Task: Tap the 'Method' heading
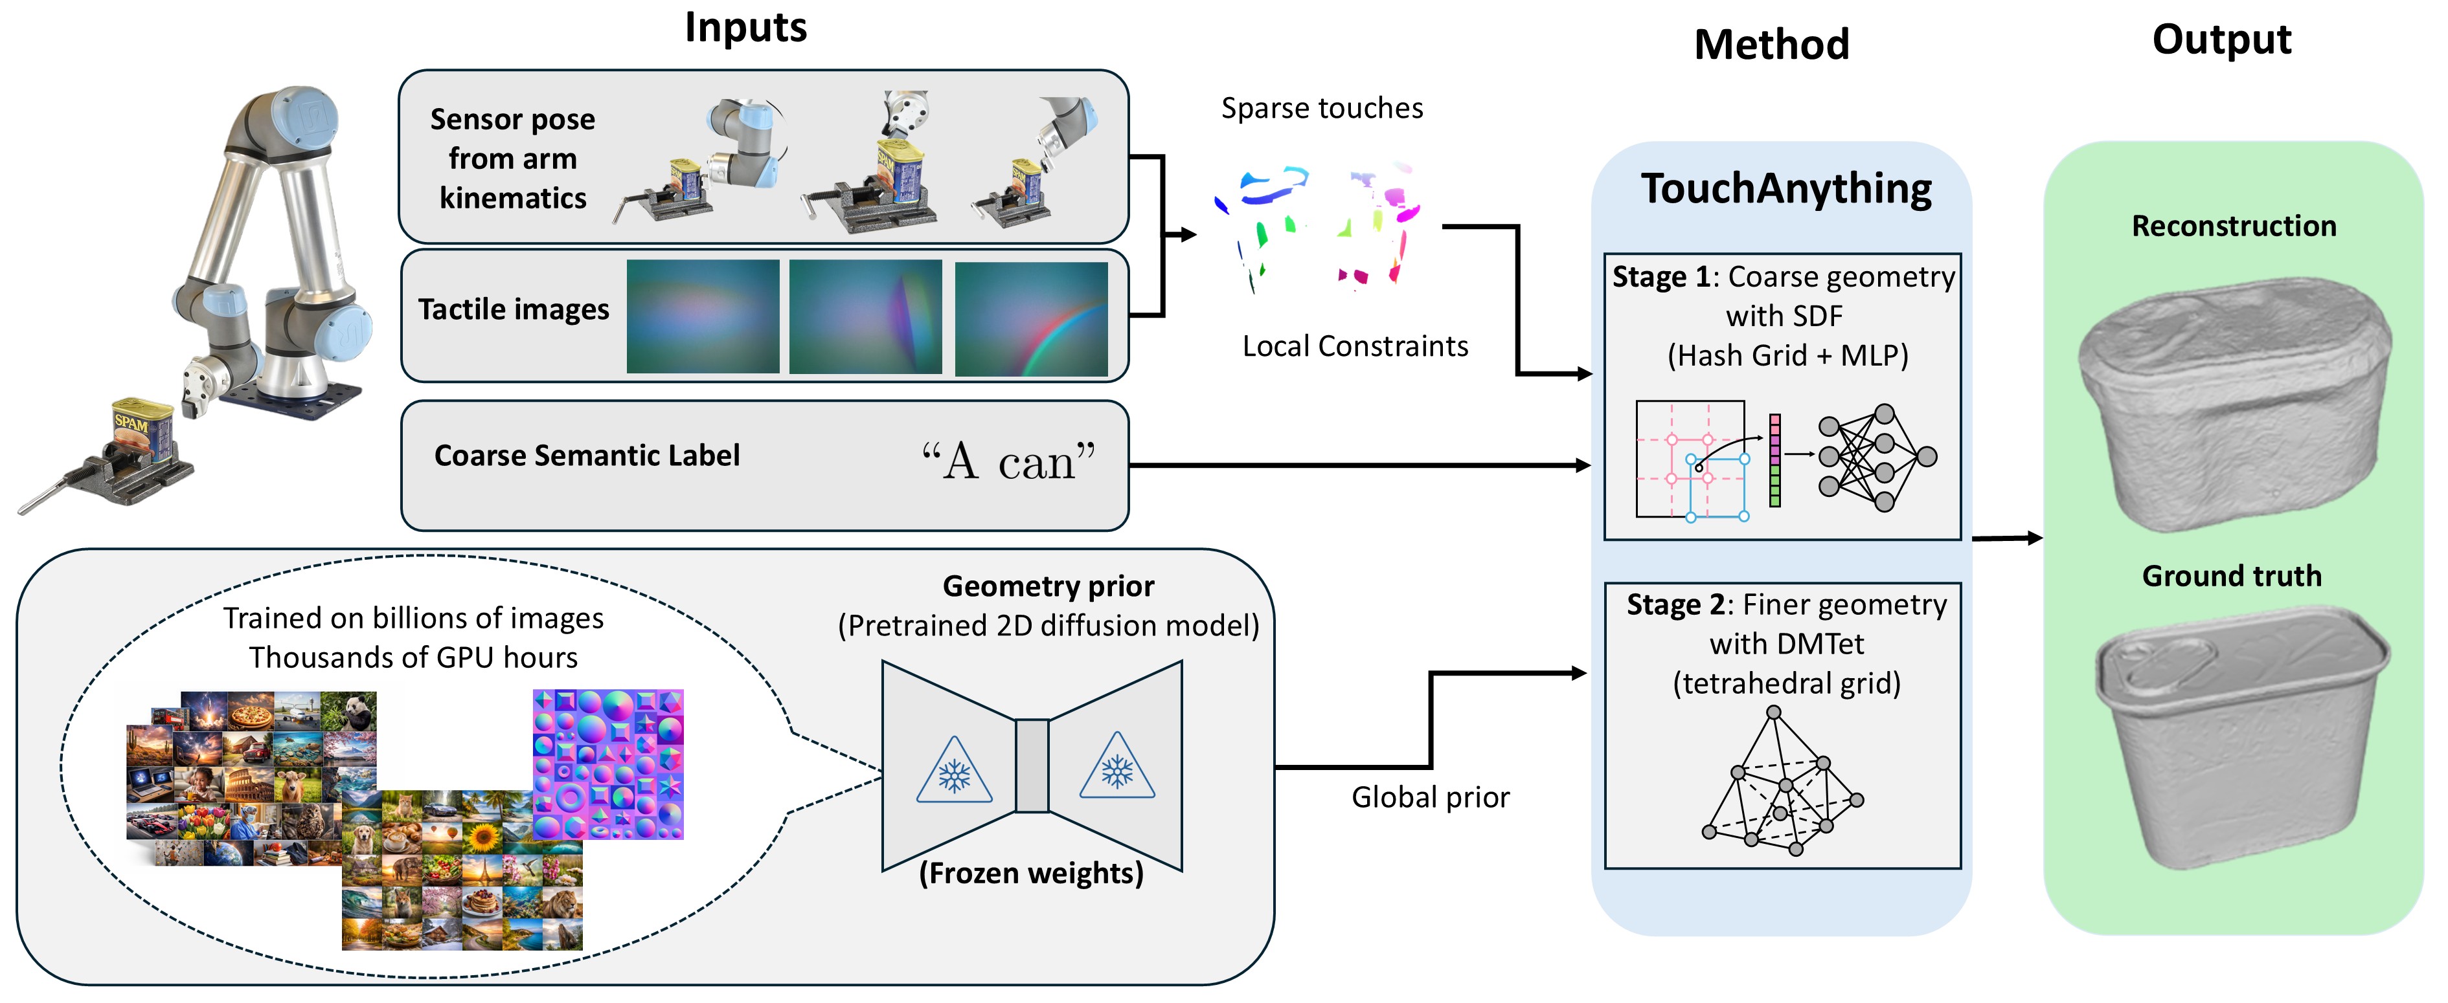click(x=1771, y=45)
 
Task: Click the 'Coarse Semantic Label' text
click(x=586, y=456)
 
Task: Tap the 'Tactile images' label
click(x=513, y=310)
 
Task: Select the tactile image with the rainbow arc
click(x=1031, y=318)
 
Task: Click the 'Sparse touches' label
click(x=1321, y=108)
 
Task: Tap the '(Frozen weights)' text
click(x=1031, y=873)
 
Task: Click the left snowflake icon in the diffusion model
click(x=953, y=773)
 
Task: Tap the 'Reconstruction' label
click(x=2233, y=226)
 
